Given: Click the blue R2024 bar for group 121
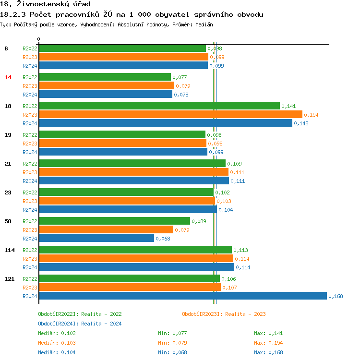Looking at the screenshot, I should click(x=182, y=296).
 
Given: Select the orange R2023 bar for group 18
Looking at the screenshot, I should click(x=170, y=115).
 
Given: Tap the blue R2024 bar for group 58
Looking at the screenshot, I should click(x=96, y=239).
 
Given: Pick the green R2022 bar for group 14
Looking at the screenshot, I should click(x=105, y=77).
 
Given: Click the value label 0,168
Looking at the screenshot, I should click(x=336, y=296).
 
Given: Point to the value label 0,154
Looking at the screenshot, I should click(x=311, y=115).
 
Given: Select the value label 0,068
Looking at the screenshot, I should click(x=163, y=239).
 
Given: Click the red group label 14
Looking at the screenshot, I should click(x=8, y=77).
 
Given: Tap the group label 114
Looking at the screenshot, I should click(x=10, y=250).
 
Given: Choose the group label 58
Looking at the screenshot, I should click(x=8, y=221).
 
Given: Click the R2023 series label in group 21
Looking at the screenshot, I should click(x=30, y=172).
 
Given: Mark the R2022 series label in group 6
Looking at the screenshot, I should click(x=30, y=48).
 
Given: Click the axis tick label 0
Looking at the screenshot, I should click(x=39, y=39).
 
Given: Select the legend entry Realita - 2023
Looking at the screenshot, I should click(x=224, y=314).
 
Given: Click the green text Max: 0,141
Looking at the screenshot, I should click(x=268, y=333).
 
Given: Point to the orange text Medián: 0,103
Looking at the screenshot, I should click(x=57, y=343).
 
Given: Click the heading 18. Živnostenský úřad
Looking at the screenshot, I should click(x=46, y=4).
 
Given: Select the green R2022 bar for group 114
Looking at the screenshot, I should click(x=135, y=250).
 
